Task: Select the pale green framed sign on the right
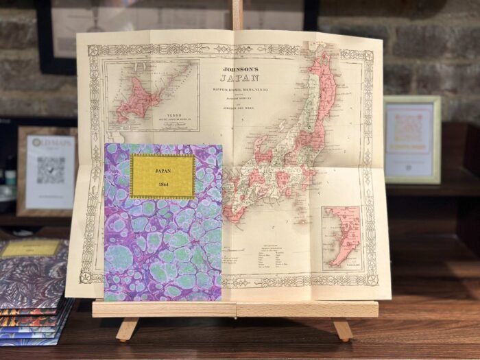(412, 139)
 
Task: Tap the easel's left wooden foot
(127, 328)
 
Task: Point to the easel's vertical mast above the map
(237, 14)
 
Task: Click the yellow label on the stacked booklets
(31, 248)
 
